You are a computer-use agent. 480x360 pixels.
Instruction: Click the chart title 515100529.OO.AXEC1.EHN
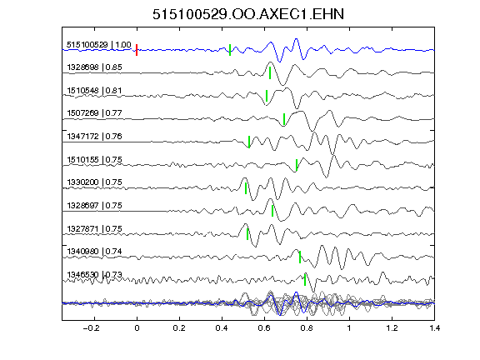tap(248, 14)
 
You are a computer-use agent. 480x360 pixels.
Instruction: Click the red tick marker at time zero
tap(137, 50)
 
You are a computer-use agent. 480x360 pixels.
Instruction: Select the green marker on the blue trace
tap(230, 50)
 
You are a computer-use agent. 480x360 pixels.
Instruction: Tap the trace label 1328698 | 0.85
tap(95, 67)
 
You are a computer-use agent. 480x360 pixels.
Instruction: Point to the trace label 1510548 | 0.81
tap(95, 91)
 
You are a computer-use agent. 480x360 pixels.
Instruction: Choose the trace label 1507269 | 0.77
tap(95, 113)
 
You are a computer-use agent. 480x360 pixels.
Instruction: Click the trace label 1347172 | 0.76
tap(95, 136)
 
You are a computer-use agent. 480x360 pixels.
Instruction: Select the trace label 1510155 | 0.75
tap(95, 160)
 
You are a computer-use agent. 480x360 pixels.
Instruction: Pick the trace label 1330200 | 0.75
tap(95, 182)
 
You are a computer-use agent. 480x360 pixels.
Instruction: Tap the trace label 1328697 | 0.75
tap(95, 205)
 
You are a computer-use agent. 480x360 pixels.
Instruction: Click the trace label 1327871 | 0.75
tap(95, 229)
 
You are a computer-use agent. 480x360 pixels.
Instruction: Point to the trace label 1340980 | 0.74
tap(95, 252)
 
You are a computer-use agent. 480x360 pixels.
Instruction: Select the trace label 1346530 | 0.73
tap(95, 275)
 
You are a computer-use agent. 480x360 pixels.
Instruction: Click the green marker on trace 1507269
tap(284, 119)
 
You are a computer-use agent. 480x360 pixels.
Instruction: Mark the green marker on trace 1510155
tap(297, 165)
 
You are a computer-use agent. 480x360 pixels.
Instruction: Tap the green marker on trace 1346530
tap(305, 279)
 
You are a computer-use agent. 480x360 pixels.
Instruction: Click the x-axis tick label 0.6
tap(264, 328)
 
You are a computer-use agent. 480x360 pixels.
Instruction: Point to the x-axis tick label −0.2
tap(91, 328)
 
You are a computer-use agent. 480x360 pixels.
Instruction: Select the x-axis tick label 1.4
tap(435, 328)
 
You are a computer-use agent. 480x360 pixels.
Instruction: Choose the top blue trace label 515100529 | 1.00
tap(99, 45)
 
